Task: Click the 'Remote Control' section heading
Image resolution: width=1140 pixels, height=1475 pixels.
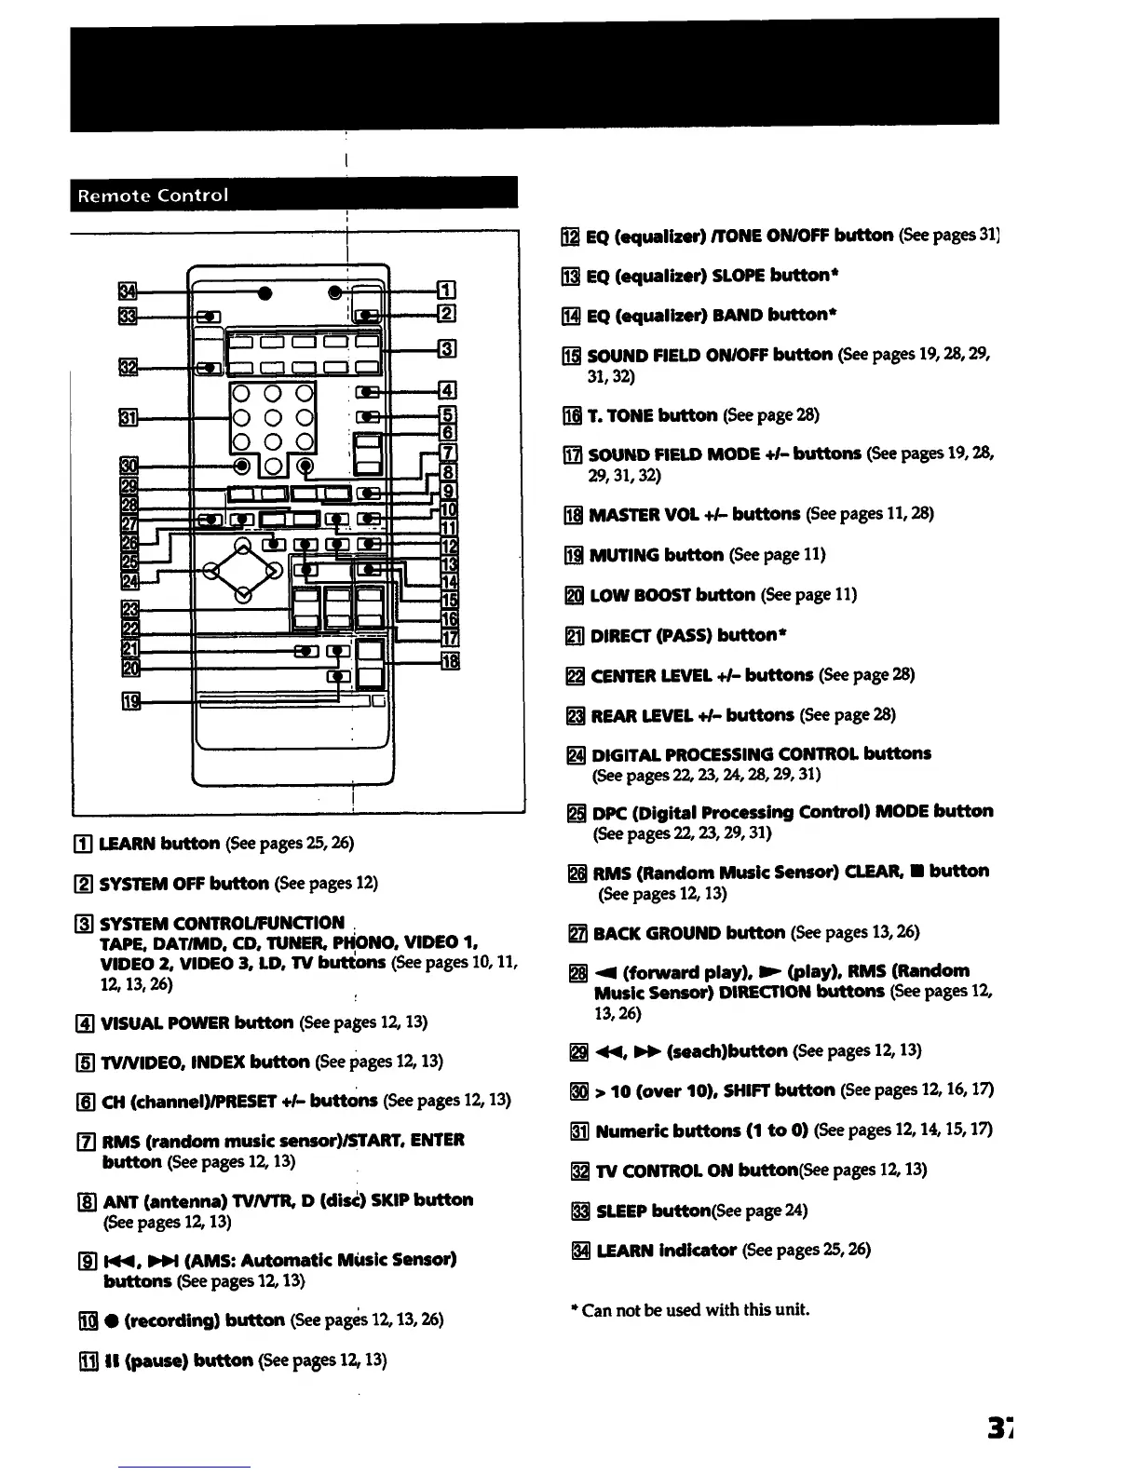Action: (x=153, y=196)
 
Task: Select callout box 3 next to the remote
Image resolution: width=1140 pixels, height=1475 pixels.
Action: (x=447, y=350)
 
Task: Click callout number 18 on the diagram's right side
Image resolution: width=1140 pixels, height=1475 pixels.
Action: (x=449, y=661)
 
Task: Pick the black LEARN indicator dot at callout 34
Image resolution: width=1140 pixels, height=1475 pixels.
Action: (x=265, y=294)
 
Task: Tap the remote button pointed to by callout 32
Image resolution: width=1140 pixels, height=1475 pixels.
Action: (x=213, y=367)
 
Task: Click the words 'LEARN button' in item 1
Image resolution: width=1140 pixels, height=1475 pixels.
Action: (x=159, y=844)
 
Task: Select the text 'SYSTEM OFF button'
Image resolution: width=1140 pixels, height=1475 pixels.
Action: (x=184, y=883)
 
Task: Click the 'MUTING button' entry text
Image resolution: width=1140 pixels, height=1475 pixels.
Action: (x=657, y=555)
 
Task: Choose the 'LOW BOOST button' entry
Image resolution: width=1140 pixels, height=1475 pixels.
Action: (x=672, y=595)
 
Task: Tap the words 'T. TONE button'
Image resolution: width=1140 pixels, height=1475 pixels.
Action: (x=652, y=415)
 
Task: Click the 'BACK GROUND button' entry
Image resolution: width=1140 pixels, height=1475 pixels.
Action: (x=689, y=933)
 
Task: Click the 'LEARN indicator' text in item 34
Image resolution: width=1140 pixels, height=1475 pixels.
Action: (x=666, y=1250)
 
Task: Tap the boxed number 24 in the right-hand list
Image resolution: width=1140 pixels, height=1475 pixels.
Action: (x=577, y=754)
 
